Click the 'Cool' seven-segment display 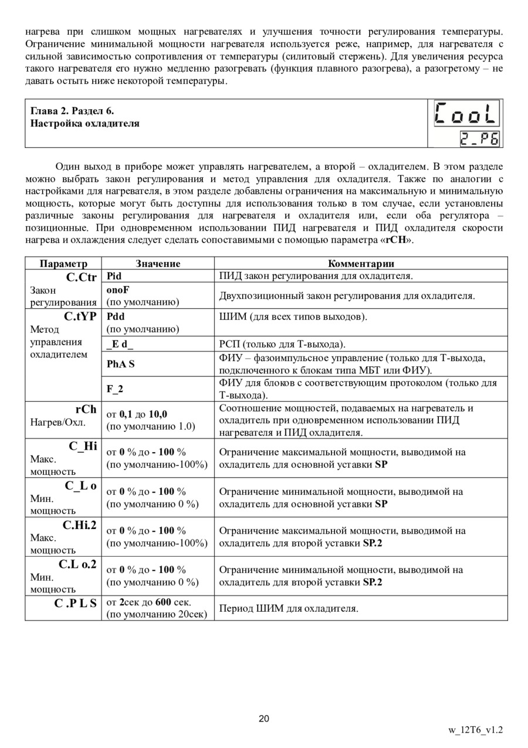466,114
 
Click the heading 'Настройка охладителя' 85,123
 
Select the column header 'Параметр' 63,264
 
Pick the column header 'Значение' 158,264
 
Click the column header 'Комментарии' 360,264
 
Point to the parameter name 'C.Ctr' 81,277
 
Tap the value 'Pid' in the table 114,275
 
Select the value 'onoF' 117,289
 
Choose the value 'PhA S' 120,364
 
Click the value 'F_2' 115,389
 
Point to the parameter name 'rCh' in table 86,409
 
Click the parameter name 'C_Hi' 83,446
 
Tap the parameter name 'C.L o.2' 77,564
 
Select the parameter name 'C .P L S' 76,604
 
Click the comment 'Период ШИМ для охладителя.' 289,609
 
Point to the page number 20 264,719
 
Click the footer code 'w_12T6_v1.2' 475,731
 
